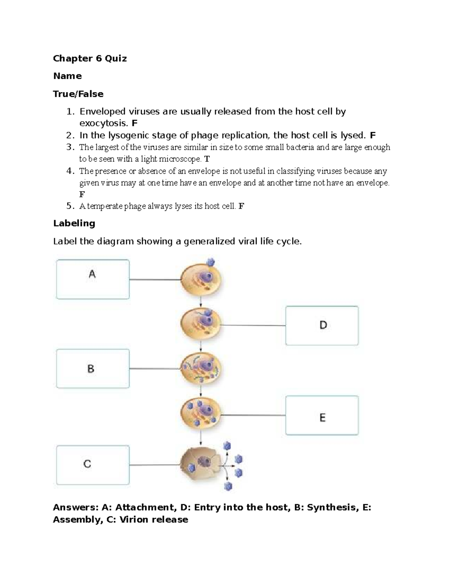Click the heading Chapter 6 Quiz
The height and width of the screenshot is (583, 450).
(x=90, y=59)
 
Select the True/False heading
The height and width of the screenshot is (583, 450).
(x=78, y=94)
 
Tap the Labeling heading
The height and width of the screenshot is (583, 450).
(x=74, y=223)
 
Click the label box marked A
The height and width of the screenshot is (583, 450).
(x=93, y=279)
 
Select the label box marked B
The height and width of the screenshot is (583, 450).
(x=93, y=369)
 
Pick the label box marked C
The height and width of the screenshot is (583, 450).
(x=93, y=465)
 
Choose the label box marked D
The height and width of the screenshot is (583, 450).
(x=322, y=325)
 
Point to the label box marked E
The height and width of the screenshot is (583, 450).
(x=322, y=415)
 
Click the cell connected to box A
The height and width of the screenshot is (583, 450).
(x=201, y=280)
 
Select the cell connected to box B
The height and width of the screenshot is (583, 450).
(x=201, y=369)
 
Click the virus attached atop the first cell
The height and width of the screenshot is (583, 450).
(x=212, y=262)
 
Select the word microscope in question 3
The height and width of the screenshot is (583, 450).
(x=181, y=159)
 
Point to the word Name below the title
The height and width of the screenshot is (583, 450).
(x=67, y=76)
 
